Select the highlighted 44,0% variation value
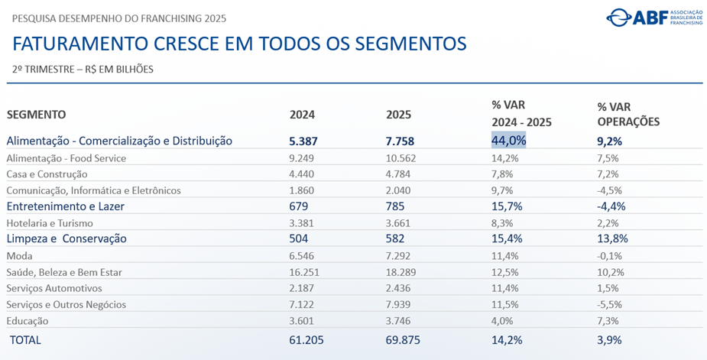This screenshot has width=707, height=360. point(508,141)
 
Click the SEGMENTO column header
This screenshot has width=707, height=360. point(37,115)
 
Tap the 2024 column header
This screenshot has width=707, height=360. point(302,115)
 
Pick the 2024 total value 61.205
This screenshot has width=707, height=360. point(307,339)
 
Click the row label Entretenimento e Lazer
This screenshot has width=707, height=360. point(65,206)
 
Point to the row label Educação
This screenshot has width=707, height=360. point(28,321)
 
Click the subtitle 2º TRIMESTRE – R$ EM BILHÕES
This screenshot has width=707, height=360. point(83,70)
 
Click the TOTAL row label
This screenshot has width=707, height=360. point(26,339)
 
